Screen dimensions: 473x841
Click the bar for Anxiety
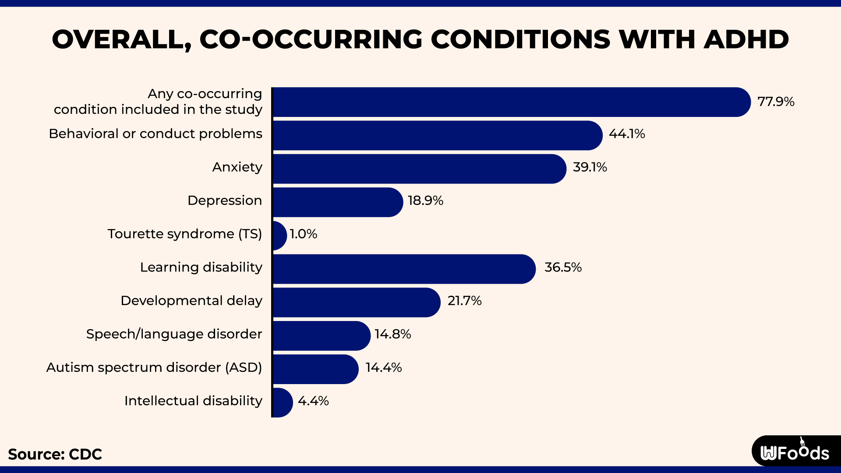point(418,169)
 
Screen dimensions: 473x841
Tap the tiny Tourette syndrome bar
point(279,235)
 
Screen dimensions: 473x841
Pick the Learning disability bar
point(403,269)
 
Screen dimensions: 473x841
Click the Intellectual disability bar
point(282,402)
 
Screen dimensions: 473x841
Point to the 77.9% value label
point(775,102)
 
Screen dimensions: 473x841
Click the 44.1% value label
point(626,134)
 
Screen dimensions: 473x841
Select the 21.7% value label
point(464,300)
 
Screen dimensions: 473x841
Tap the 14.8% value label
point(392,334)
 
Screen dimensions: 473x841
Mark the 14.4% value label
point(383,367)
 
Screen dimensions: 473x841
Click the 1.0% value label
point(303,234)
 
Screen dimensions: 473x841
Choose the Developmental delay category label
point(191,300)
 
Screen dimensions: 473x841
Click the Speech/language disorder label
point(174,334)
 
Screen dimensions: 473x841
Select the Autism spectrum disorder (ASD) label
point(154,367)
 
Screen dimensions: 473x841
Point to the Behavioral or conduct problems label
point(155,134)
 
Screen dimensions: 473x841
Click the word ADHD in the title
point(746,39)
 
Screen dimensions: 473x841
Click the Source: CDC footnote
point(55,454)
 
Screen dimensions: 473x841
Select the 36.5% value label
point(562,267)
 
